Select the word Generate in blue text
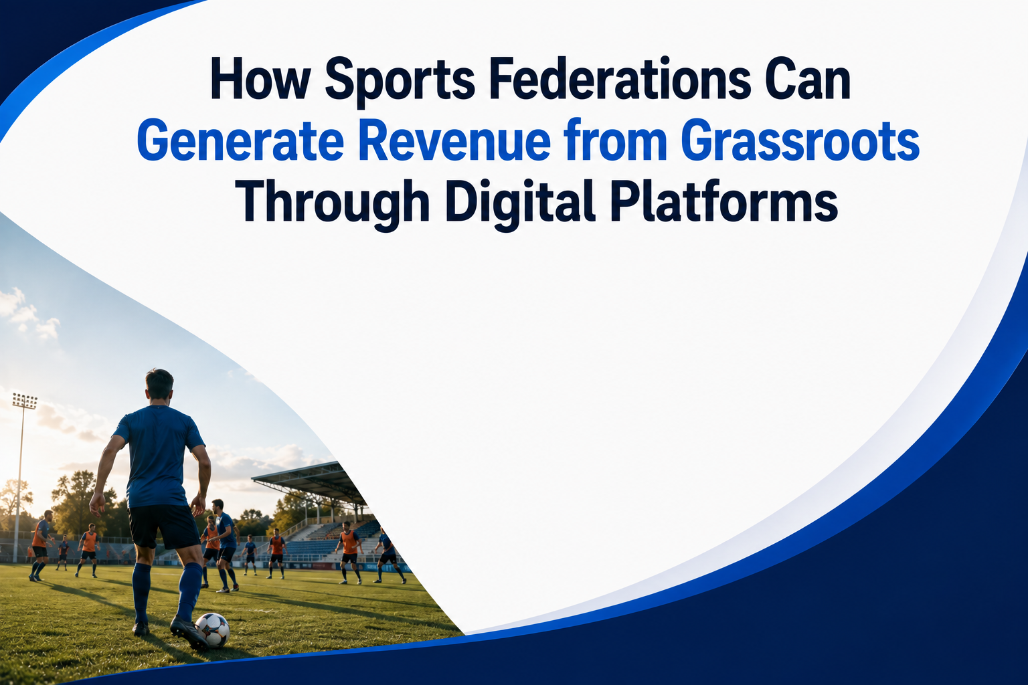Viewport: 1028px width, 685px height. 240,140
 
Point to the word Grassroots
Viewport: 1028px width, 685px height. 800,140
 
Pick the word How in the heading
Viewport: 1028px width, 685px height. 260,79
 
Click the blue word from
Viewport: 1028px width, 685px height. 616,139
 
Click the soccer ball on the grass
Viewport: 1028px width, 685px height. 212,630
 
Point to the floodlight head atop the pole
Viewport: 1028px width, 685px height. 24,401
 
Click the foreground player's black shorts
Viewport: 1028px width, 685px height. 163,526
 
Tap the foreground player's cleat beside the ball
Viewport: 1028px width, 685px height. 189,632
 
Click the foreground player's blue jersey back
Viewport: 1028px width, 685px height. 158,455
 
